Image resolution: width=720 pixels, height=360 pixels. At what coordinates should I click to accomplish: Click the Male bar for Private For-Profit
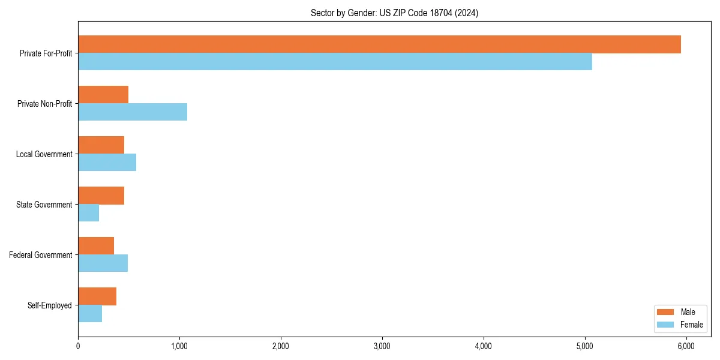pyautogui.click(x=379, y=44)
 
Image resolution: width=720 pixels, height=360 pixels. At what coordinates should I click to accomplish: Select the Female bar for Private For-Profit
pyautogui.click(x=335, y=61)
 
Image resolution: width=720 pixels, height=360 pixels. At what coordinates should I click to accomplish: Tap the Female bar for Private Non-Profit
pyautogui.click(x=133, y=112)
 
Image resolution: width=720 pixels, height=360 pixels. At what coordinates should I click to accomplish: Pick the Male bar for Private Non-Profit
pyautogui.click(x=103, y=95)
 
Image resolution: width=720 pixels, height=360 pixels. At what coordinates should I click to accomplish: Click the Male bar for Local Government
pyautogui.click(x=101, y=145)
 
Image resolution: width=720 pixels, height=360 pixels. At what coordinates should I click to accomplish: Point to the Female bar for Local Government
pyautogui.click(x=107, y=162)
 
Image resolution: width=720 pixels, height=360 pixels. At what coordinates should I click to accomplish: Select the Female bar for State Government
pyautogui.click(x=88, y=212)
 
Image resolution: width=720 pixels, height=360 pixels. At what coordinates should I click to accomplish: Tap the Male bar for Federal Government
pyautogui.click(x=96, y=246)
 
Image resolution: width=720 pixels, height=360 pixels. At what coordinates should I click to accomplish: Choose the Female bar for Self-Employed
pyautogui.click(x=90, y=313)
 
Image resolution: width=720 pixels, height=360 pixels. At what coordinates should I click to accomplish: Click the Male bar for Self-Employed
pyautogui.click(x=97, y=296)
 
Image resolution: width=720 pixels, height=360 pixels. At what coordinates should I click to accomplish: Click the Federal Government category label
pyautogui.click(x=41, y=255)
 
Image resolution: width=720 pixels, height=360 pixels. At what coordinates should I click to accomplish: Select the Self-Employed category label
pyautogui.click(x=50, y=305)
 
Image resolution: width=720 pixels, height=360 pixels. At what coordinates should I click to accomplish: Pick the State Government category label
pyautogui.click(x=44, y=205)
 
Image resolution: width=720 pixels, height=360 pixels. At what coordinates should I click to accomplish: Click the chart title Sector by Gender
pyautogui.click(x=394, y=13)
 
